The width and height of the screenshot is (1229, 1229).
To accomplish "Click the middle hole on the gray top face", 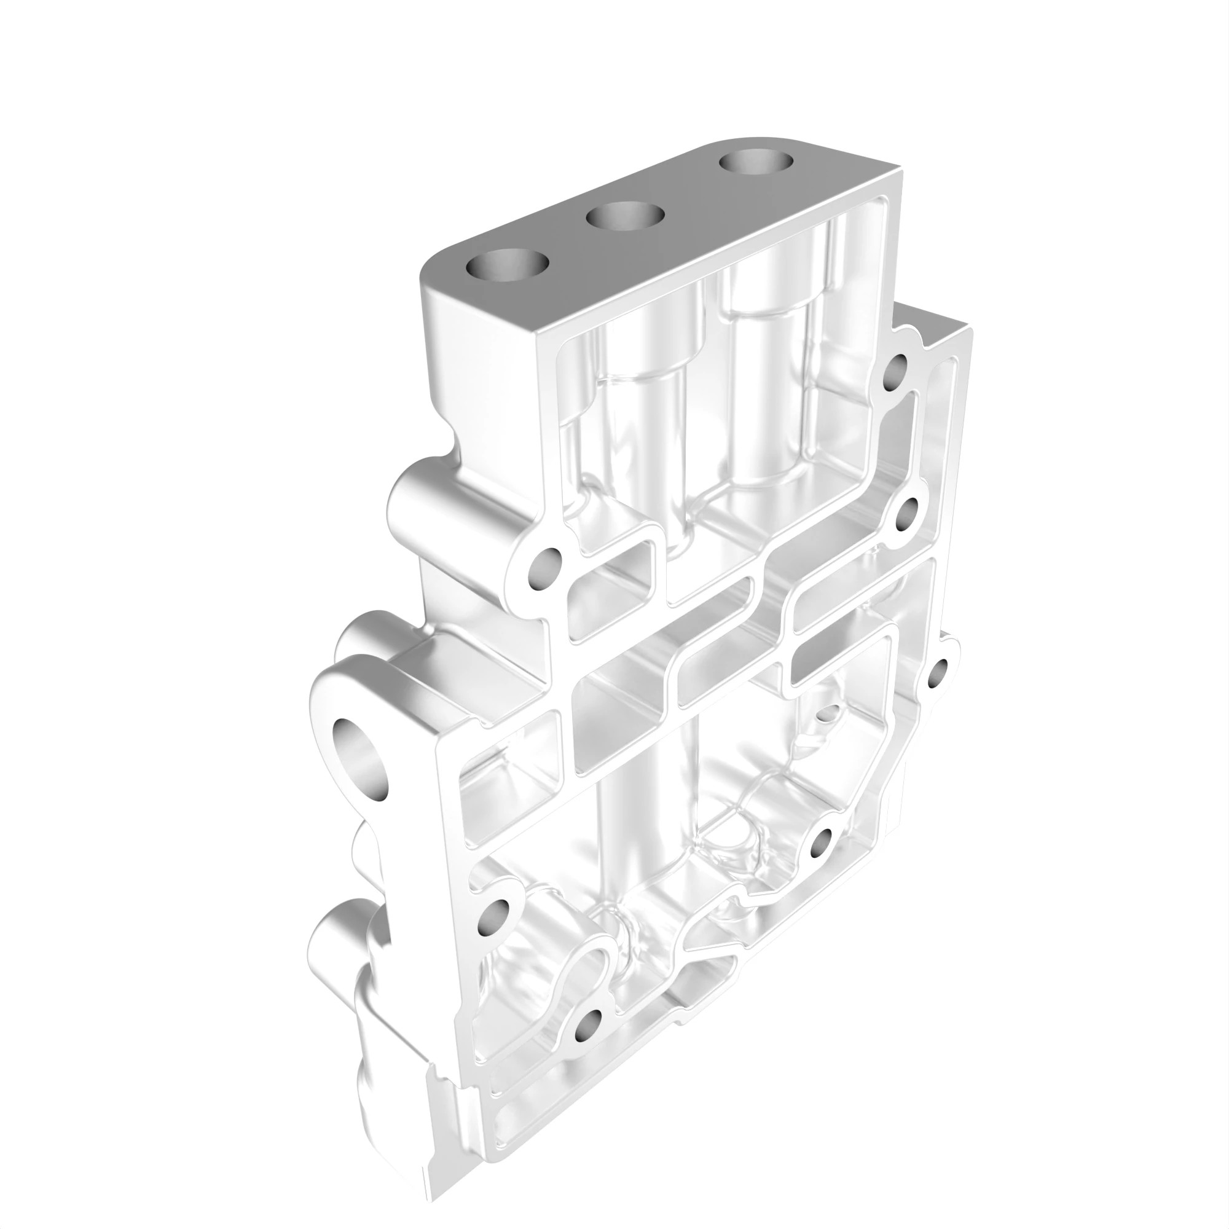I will point(625,218).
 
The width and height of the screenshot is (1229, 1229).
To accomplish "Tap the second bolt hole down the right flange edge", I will point(908,514).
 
